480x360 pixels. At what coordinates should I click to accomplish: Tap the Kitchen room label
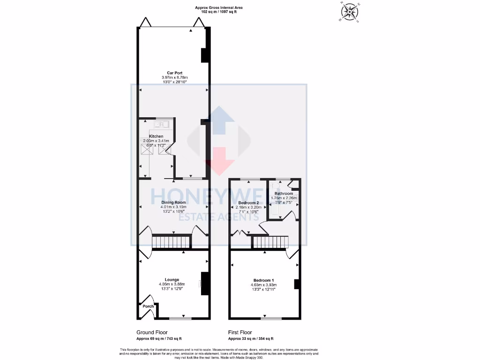coord(156,136)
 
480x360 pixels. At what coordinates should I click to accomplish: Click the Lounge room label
coord(172,279)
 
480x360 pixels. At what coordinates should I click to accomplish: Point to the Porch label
coord(148,307)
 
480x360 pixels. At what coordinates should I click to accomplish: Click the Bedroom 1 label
coord(262,280)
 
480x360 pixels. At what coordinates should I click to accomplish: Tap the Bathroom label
coord(284,194)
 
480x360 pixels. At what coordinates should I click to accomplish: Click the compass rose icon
coord(350,13)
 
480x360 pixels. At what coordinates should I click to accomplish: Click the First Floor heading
coord(241,331)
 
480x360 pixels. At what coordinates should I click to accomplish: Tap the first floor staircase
coord(270,242)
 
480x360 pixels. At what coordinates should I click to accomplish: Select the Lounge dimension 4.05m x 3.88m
coord(172,284)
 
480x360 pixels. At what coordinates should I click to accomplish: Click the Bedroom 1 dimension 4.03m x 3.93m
coord(262,285)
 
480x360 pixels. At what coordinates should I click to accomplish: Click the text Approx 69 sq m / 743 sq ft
coord(159,338)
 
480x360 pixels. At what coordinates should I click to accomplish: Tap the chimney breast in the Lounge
coord(204,284)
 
